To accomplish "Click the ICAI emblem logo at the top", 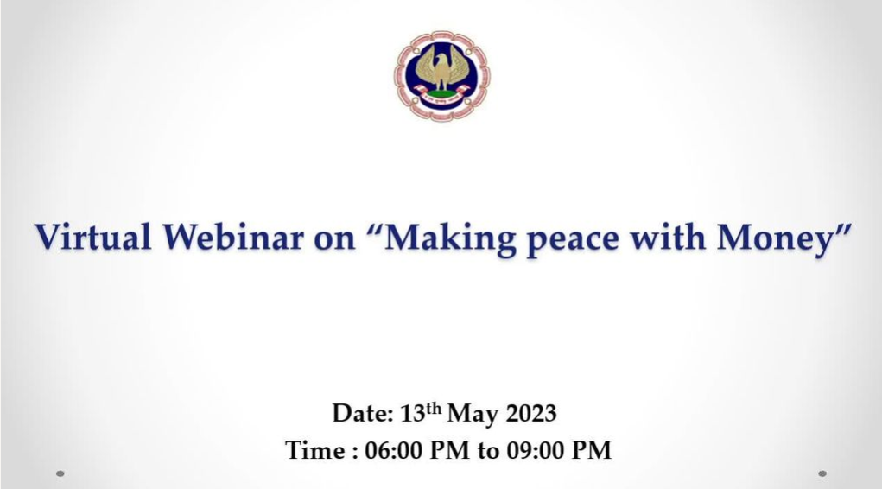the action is [441, 75].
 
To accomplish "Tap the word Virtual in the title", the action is [92, 237].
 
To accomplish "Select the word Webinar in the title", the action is [233, 237].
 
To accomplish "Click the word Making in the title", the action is [449, 238].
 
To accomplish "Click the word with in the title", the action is [667, 237].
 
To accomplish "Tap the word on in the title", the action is [334, 239].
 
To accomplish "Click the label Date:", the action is [363, 414].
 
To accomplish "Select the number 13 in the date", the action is [412, 414].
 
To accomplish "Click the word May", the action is [473, 415].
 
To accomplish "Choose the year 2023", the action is [531, 414].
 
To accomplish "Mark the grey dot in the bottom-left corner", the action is [60, 473].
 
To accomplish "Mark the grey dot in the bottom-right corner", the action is [822, 473].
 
